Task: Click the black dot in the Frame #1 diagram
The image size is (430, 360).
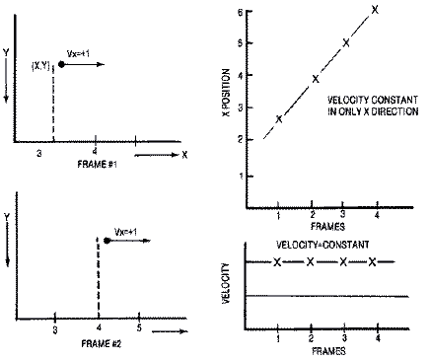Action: [x=62, y=64]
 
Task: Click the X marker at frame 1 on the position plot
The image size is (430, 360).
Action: [x=279, y=118]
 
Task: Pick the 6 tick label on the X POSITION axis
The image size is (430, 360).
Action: [x=242, y=12]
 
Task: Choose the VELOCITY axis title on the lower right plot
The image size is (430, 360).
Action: [x=228, y=282]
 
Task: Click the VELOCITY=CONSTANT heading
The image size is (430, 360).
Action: [x=324, y=245]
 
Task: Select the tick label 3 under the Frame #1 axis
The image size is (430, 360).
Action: [x=38, y=155]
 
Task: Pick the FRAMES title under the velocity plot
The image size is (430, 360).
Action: [x=326, y=351]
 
